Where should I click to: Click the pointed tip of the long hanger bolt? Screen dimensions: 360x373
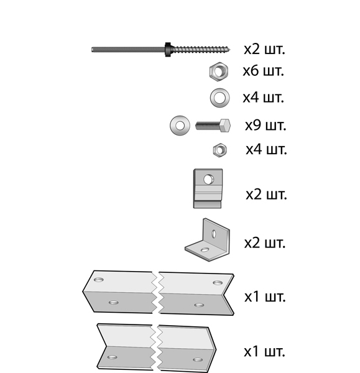point(230,50)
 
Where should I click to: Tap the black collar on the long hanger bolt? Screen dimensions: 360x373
point(168,50)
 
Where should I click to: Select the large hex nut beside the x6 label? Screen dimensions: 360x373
point(219,71)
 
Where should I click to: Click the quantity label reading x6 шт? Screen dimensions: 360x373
point(264,71)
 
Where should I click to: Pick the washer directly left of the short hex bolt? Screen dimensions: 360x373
point(180,126)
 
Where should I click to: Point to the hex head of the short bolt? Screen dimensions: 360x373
point(225,126)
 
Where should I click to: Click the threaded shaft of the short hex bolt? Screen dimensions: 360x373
point(208,126)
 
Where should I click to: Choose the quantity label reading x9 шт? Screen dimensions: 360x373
point(265,125)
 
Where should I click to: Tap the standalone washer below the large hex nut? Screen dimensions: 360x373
point(219,98)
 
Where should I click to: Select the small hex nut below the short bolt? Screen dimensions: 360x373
point(220,150)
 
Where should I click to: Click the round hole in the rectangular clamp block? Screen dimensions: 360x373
point(208,180)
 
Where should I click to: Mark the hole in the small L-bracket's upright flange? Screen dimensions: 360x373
point(214,234)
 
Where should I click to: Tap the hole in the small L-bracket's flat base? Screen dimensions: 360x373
point(205,250)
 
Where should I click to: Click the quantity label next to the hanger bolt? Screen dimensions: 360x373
point(264,49)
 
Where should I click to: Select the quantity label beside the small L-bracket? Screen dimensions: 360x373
point(265,243)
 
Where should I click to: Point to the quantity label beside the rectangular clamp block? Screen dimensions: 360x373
point(266,195)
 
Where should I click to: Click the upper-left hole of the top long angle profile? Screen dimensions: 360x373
point(99,280)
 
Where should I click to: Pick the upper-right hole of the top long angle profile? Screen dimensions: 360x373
point(218,283)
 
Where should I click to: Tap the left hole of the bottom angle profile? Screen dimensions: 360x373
point(113,357)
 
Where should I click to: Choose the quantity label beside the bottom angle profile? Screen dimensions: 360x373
point(264,351)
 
